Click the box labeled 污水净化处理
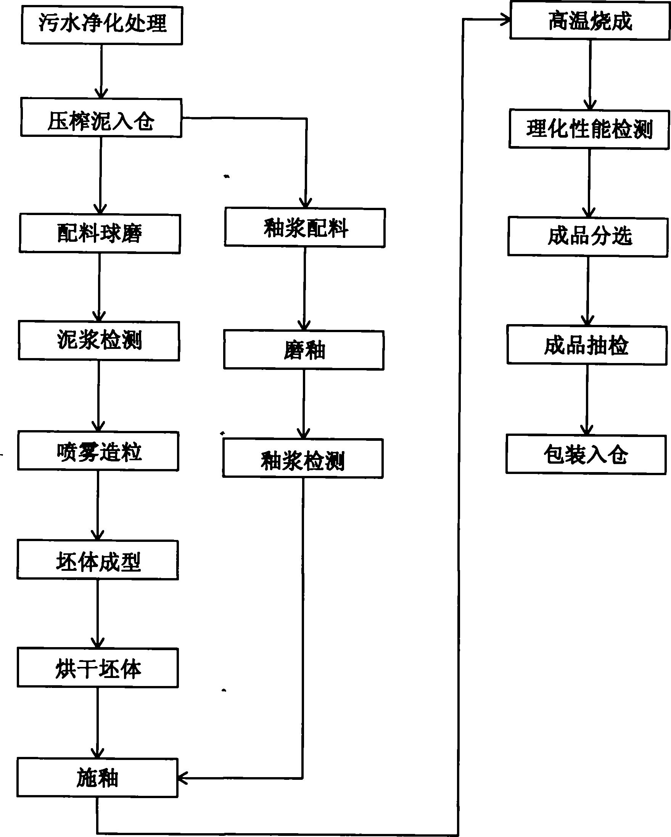(x=102, y=24)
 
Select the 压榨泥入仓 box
(x=101, y=117)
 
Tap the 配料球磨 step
(x=100, y=233)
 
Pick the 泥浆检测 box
(x=99, y=341)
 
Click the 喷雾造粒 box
(x=98, y=451)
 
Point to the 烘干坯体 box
(x=98, y=668)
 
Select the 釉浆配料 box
(x=305, y=228)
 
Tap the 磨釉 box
(x=304, y=350)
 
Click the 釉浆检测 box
(x=303, y=458)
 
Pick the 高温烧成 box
(x=590, y=20)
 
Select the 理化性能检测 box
(x=589, y=129)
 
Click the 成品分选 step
(x=588, y=236)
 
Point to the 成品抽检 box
(x=587, y=345)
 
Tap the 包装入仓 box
(x=586, y=454)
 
